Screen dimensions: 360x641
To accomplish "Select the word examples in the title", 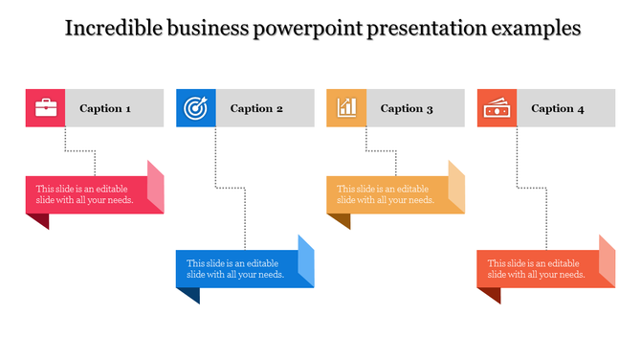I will click(535, 29).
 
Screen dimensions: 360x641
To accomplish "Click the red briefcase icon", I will click(45, 108).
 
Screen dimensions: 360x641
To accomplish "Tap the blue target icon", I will click(195, 108).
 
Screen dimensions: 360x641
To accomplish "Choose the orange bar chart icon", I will click(346, 108).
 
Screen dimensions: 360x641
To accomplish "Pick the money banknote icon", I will click(497, 108).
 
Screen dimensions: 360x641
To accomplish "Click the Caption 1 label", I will click(105, 108).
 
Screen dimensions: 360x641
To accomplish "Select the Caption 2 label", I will click(256, 108).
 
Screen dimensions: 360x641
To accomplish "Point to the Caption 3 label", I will click(407, 108).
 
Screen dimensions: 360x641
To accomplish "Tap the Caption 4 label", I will click(558, 108).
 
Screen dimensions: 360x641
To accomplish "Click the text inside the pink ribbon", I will click(84, 194).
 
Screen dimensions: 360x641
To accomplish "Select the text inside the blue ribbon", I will click(235, 269).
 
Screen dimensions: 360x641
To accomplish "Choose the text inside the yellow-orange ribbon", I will click(386, 194).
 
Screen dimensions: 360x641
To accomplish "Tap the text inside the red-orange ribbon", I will click(537, 269).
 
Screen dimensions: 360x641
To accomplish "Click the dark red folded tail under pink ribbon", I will click(38, 220).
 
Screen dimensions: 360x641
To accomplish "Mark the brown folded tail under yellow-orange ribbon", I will click(339, 220).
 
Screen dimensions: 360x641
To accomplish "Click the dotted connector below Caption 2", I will click(216, 163).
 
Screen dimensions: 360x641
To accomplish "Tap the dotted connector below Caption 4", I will click(518, 163).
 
